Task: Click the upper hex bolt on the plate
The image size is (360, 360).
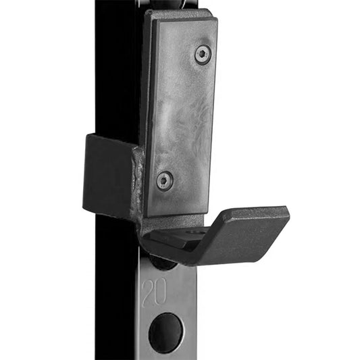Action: pyautogui.click(x=203, y=55)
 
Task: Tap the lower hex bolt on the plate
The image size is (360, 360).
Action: pyautogui.click(x=164, y=181)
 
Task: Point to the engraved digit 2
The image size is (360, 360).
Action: pyautogui.click(x=148, y=292)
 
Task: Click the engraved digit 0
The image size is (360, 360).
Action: pyautogui.click(x=160, y=291)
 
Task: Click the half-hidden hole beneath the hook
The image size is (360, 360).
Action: pyautogui.click(x=162, y=263)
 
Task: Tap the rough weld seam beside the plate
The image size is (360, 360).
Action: pyautogui.click(x=138, y=182)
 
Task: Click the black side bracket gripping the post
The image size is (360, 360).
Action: pyautogui.click(x=108, y=174)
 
